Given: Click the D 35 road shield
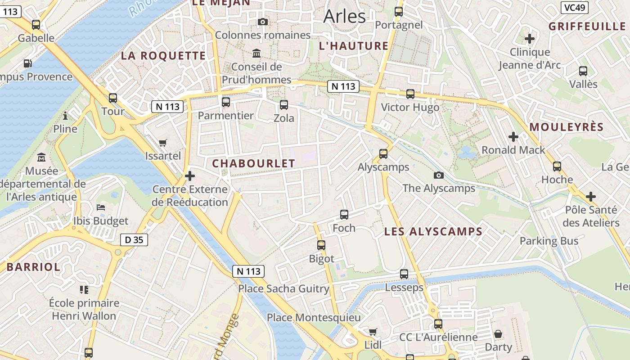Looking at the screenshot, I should pyautogui.click(x=134, y=240).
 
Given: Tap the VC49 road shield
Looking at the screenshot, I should pyautogui.click(x=575, y=8).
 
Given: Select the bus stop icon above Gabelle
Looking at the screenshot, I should pyautogui.click(x=36, y=25).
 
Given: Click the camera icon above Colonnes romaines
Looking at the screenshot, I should pyautogui.click(x=263, y=22).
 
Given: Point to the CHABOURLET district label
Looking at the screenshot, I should pyautogui.click(x=253, y=164).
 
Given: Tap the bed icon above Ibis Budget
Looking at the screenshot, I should pyautogui.click(x=101, y=207).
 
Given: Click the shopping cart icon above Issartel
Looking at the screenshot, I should pyautogui.click(x=163, y=143).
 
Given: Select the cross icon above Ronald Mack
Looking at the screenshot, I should pyautogui.click(x=513, y=137).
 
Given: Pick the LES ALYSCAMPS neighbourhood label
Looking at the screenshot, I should pyautogui.click(x=433, y=232).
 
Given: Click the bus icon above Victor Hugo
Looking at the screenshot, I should pyautogui.click(x=410, y=94).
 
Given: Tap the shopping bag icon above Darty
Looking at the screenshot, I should pyautogui.click(x=498, y=334).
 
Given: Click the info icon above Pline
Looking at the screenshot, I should pyautogui.click(x=65, y=116).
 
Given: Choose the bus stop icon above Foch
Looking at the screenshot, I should pyautogui.click(x=344, y=215).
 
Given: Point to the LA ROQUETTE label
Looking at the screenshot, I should pyautogui.click(x=163, y=56).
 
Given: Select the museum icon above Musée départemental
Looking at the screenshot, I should pyautogui.click(x=42, y=157).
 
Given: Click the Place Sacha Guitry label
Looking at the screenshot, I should pyautogui.click(x=283, y=289).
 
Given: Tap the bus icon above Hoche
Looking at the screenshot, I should pyautogui.click(x=557, y=166).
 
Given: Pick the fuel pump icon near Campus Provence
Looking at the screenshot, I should pyautogui.click(x=28, y=63).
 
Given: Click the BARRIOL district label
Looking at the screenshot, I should pyautogui.click(x=33, y=267).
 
